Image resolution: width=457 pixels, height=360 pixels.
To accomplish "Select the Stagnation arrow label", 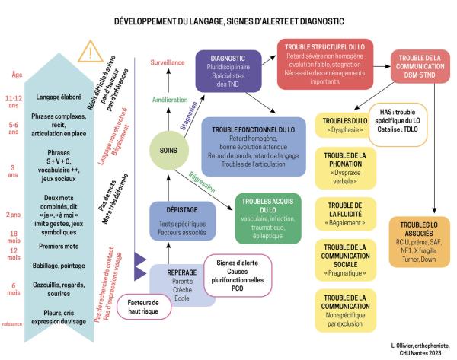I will [187, 118].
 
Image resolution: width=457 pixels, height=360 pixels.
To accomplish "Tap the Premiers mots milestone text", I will [68, 247].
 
